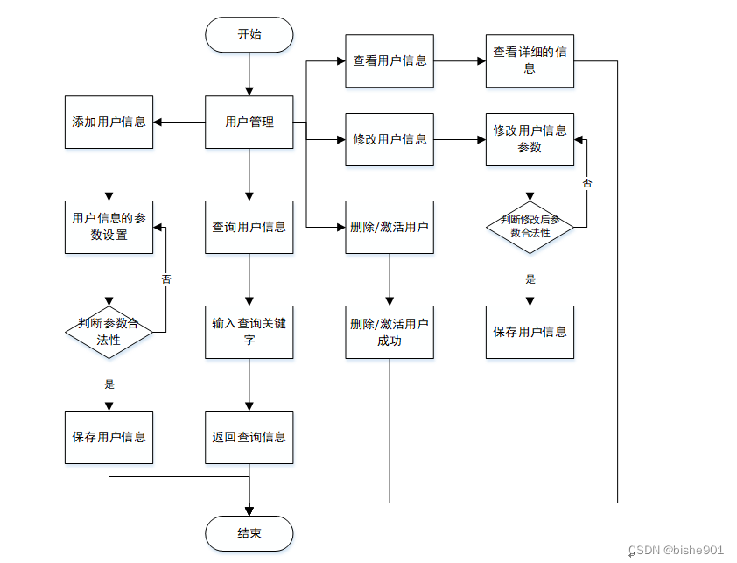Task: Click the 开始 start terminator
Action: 249,34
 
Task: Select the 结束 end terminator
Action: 249,533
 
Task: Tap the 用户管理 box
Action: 249,123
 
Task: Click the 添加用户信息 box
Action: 109,123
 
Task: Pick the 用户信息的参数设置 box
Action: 109,227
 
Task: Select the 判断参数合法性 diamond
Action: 109,332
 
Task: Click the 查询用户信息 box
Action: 249,227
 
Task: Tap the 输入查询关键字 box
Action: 249,332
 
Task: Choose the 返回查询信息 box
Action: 249,437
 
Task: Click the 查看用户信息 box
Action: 390,60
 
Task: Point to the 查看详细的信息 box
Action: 530,60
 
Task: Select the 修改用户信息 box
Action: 390,139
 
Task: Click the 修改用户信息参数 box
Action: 530,139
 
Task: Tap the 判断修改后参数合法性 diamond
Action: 530,227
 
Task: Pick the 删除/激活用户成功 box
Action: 390,332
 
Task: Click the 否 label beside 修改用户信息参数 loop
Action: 587,182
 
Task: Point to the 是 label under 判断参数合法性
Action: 109,384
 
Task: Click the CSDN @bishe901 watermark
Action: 676,550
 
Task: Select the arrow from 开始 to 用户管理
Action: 249,74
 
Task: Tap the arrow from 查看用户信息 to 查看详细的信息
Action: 460,60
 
